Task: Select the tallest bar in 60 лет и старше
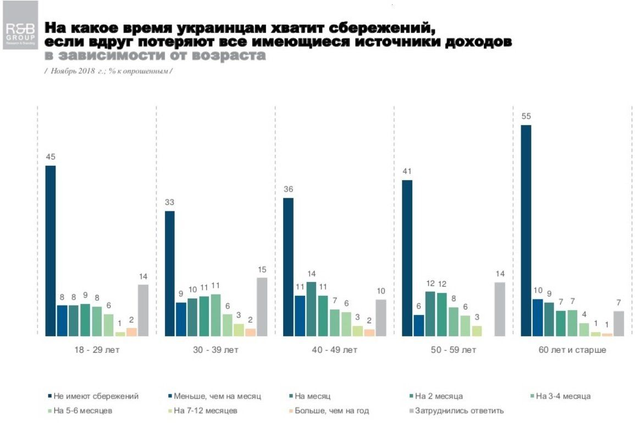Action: [526, 230]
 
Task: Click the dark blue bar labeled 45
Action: [51, 250]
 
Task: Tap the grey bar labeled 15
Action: [262, 307]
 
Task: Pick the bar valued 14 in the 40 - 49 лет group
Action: [312, 309]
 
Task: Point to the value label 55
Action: [526, 116]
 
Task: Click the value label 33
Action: [169, 201]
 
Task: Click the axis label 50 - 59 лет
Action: [454, 350]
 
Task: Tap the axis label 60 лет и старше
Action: [572, 350]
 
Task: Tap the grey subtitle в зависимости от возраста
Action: [154, 56]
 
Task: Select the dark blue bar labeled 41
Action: [407, 258]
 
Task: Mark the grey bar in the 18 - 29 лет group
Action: [143, 310]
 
